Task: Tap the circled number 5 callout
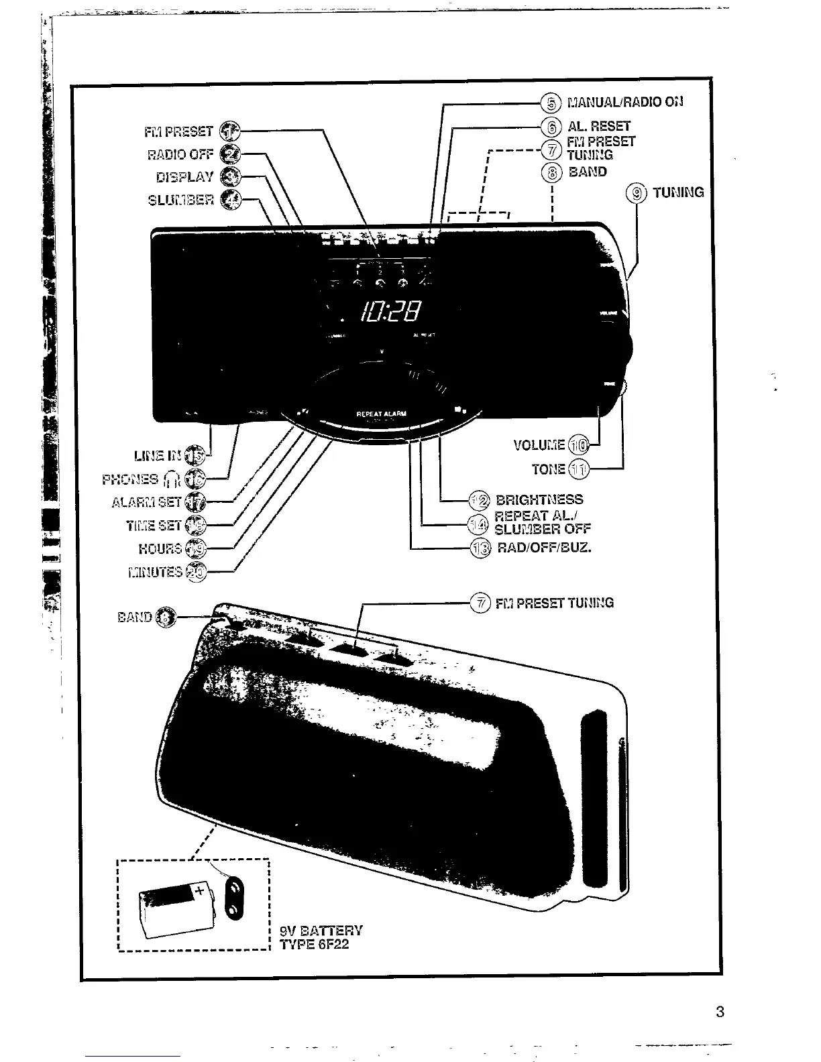[x=551, y=103]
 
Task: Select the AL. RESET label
[x=599, y=126]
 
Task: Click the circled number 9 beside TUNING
[x=635, y=193]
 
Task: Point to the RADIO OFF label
[x=180, y=155]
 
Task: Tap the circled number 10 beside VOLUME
[x=578, y=445]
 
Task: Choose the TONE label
[x=548, y=469]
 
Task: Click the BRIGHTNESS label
[x=539, y=500]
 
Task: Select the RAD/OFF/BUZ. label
[x=544, y=548]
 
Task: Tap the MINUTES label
[x=155, y=572]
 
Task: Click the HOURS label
[x=160, y=548]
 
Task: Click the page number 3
[x=720, y=1012]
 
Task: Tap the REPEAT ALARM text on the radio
[x=381, y=414]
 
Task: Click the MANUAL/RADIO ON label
[x=624, y=103]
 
